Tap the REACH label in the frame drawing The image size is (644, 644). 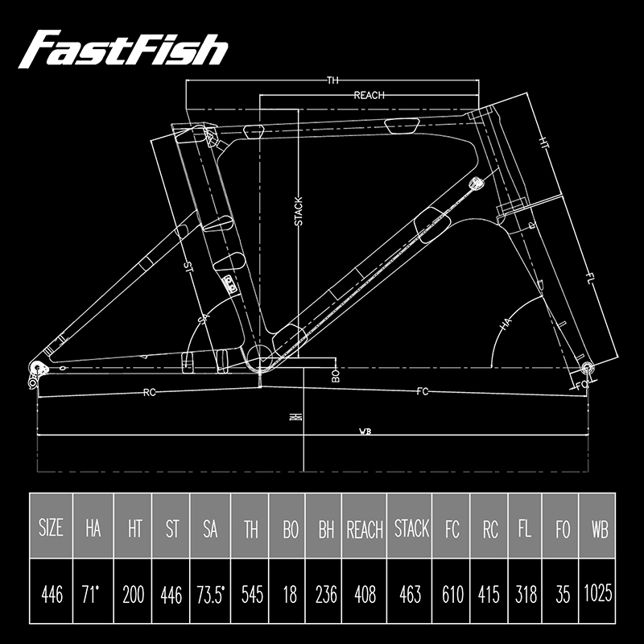pyautogui.click(x=369, y=95)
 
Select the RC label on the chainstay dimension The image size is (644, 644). pyautogui.click(x=149, y=393)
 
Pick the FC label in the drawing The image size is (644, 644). pyautogui.click(x=423, y=392)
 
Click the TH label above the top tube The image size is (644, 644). pyautogui.click(x=332, y=80)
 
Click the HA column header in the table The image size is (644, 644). pyautogui.click(x=93, y=529)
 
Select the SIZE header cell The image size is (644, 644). pyautogui.click(x=52, y=529)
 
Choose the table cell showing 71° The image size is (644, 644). pyautogui.click(x=93, y=595)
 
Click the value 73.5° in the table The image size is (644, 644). pyautogui.click(x=210, y=595)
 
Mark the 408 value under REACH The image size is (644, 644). pyautogui.click(x=365, y=595)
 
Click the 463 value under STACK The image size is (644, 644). pyautogui.click(x=410, y=595)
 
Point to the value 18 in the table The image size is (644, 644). pyautogui.click(x=290, y=595)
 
